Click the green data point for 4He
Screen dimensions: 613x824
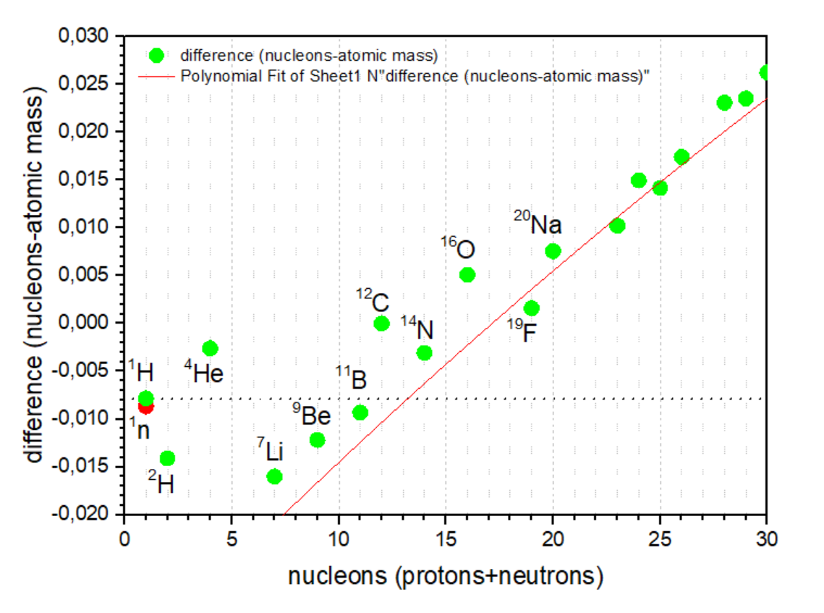(210, 348)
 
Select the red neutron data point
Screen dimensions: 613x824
(146, 406)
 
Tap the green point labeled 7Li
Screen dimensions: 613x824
(274, 476)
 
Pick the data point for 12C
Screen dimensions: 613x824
(382, 324)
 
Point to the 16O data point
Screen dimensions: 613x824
(467, 275)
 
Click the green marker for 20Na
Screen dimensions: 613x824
(553, 251)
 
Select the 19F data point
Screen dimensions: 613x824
(532, 308)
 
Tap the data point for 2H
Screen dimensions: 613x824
(167, 458)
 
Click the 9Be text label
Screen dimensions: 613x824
(312, 415)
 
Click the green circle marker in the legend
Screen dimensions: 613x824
(155, 55)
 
